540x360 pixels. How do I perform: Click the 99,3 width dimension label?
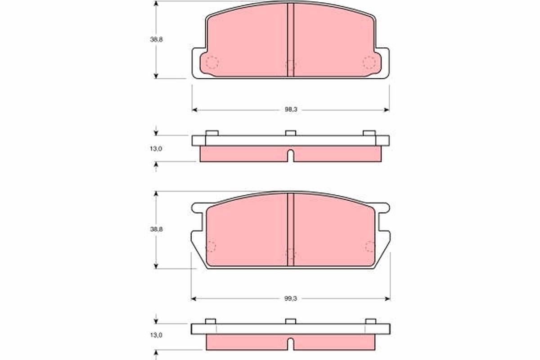(x=290, y=298)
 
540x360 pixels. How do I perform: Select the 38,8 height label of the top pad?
(x=156, y=39)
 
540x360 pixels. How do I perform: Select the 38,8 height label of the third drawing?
(x=156, y=229)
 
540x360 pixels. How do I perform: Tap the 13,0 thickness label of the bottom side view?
(x=156, y=335)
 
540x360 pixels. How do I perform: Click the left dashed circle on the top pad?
(x=212, y=63)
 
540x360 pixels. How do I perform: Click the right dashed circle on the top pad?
(x=369, y=63)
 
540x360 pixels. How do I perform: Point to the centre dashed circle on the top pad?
(x=291, y=66)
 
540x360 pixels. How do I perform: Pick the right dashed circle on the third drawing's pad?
(x=370, y=246)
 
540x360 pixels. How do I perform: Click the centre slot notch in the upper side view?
(x=291, y=156)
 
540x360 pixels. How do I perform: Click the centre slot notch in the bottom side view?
(x=291, y=344)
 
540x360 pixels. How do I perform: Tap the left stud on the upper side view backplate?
(x=211, y=133)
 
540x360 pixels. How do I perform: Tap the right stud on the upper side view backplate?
(x=369, y=133)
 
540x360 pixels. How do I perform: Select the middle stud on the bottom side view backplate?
(x=291, y=321)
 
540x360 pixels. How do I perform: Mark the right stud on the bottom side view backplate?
(x=370, y=321)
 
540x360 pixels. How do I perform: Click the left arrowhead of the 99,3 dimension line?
(x=194, y=298)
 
